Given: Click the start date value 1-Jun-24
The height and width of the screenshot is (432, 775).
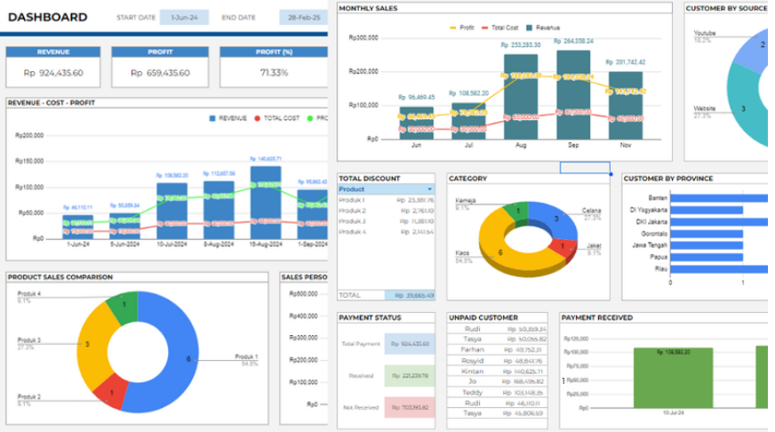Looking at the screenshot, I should pyautogui.click(x=184, y=18).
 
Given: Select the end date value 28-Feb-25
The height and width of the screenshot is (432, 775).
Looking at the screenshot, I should pyautogui.click(x=304, y=18).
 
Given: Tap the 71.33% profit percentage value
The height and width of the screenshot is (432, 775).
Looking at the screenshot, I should pyautogui.click(x=273, y=73).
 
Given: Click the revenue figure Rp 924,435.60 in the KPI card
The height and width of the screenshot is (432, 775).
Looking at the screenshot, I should pyautogui.click(x=53, y=73).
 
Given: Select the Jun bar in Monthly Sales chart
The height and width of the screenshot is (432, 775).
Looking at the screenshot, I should pyautogui.click(x=416, y=124).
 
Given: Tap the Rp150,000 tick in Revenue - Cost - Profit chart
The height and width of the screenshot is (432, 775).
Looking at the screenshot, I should pyautogui.click(x=29, y=161).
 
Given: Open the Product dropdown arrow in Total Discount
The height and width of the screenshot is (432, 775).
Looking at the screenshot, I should pyautogui.click(x=430, y=189).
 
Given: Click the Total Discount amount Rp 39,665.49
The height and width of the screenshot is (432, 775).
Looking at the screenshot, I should pyautogui.click(x=410, y=295).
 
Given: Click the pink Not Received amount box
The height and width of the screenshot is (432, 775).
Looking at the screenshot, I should pyautogui.click(x=410, y=408).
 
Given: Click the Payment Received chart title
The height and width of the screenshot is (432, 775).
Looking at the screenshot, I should pyautogui.click(x=597, y=317).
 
